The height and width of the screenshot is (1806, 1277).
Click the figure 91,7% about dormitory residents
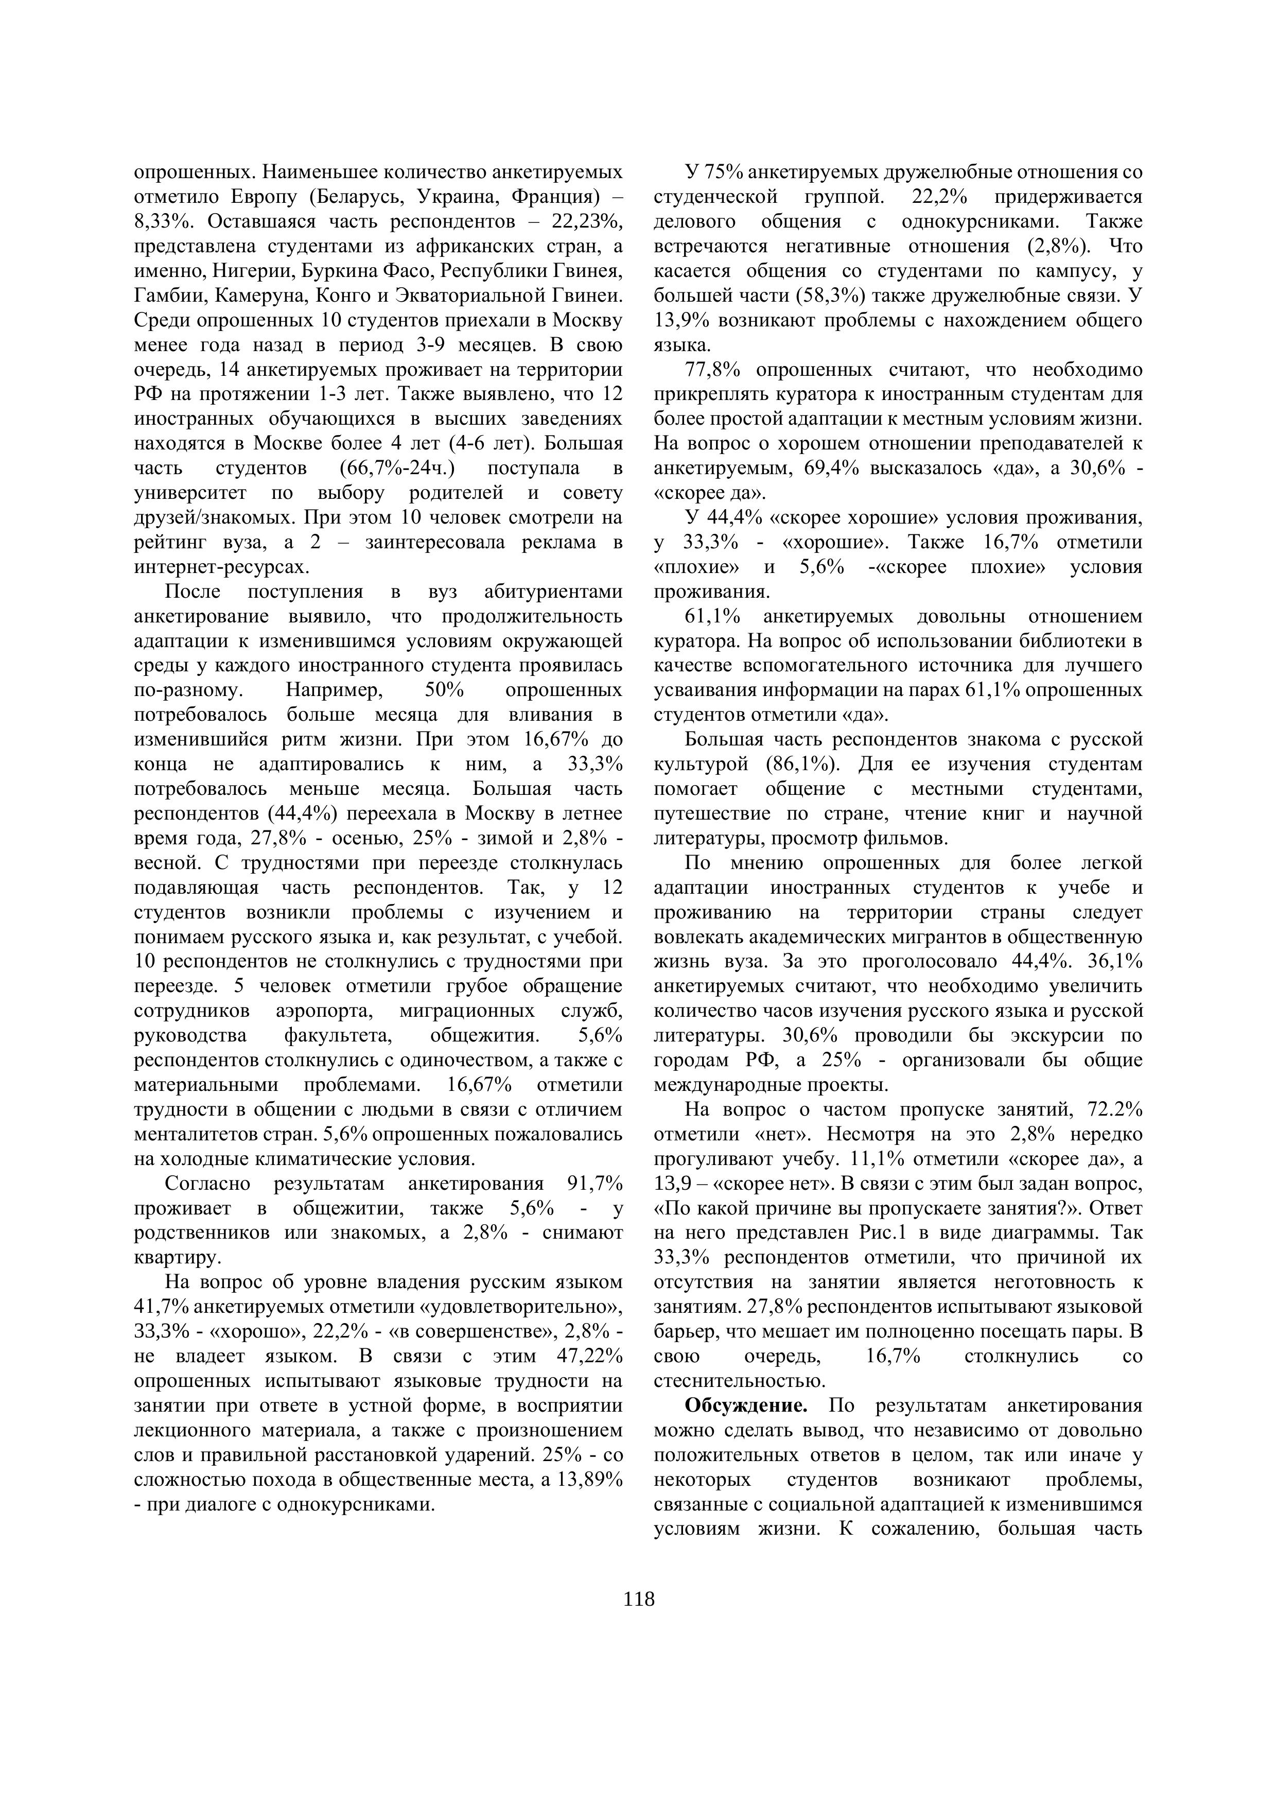(593, 1184)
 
